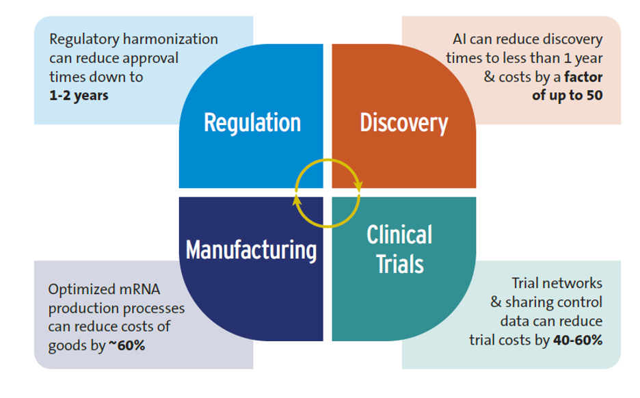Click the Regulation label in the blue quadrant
pos(252,123)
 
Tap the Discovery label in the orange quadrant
pos(403,123)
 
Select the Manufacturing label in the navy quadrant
pos(251,250)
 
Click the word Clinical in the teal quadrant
pos(399,235)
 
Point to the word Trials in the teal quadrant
pos(399,263)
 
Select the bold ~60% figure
pos(126,345)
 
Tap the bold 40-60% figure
pos(577,340)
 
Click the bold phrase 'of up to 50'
pos(567,95)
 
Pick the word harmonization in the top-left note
pos(172,40)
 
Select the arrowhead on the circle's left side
pos(296,200)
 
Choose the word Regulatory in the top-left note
pos(84,40)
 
